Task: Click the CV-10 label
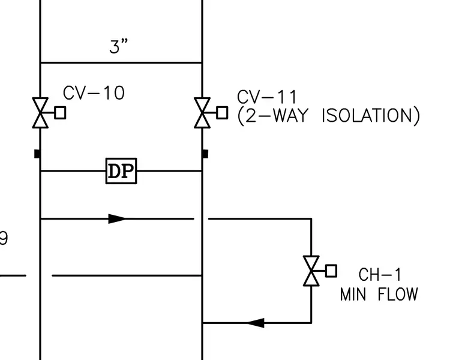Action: pos(94,93)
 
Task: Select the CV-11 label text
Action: pos(266,97)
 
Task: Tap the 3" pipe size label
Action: pos(118,47)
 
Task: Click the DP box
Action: pos(121,171)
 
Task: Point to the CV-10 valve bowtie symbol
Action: pos(40,113)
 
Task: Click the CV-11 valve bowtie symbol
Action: pos(202,113)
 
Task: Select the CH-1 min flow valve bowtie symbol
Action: pos(311,271)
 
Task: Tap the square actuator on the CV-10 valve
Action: pos(60,113)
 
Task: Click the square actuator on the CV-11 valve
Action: pos(222,113)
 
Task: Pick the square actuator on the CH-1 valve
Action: pos(331,271)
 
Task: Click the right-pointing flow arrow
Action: pos(117,218)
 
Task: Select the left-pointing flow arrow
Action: pos(256,323)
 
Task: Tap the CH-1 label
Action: pos(380,275)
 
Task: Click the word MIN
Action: pos(353,294)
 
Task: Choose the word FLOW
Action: pos(398,294)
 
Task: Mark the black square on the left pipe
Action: pos(37,154)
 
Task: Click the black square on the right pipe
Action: pos(205,154)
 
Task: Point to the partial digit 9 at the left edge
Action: pos(4,238)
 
